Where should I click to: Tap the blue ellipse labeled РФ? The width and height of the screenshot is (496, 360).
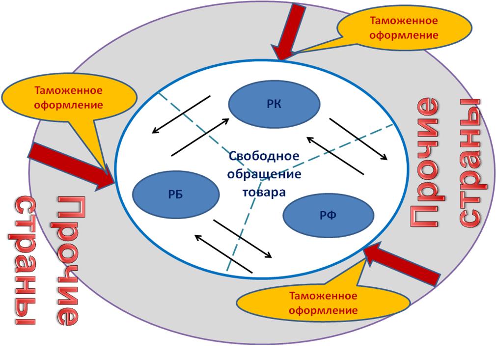(x=329, y=215)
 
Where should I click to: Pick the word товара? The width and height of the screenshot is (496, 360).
(x=263, y=191)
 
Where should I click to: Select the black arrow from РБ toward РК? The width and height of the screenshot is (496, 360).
(x=200, y=136)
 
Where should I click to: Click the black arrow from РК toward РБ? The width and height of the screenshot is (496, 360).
(x=181, y=114)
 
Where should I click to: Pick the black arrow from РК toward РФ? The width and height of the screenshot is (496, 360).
(x=358, y=139)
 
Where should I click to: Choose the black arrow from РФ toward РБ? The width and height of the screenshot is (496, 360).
(x=223, y=254)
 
